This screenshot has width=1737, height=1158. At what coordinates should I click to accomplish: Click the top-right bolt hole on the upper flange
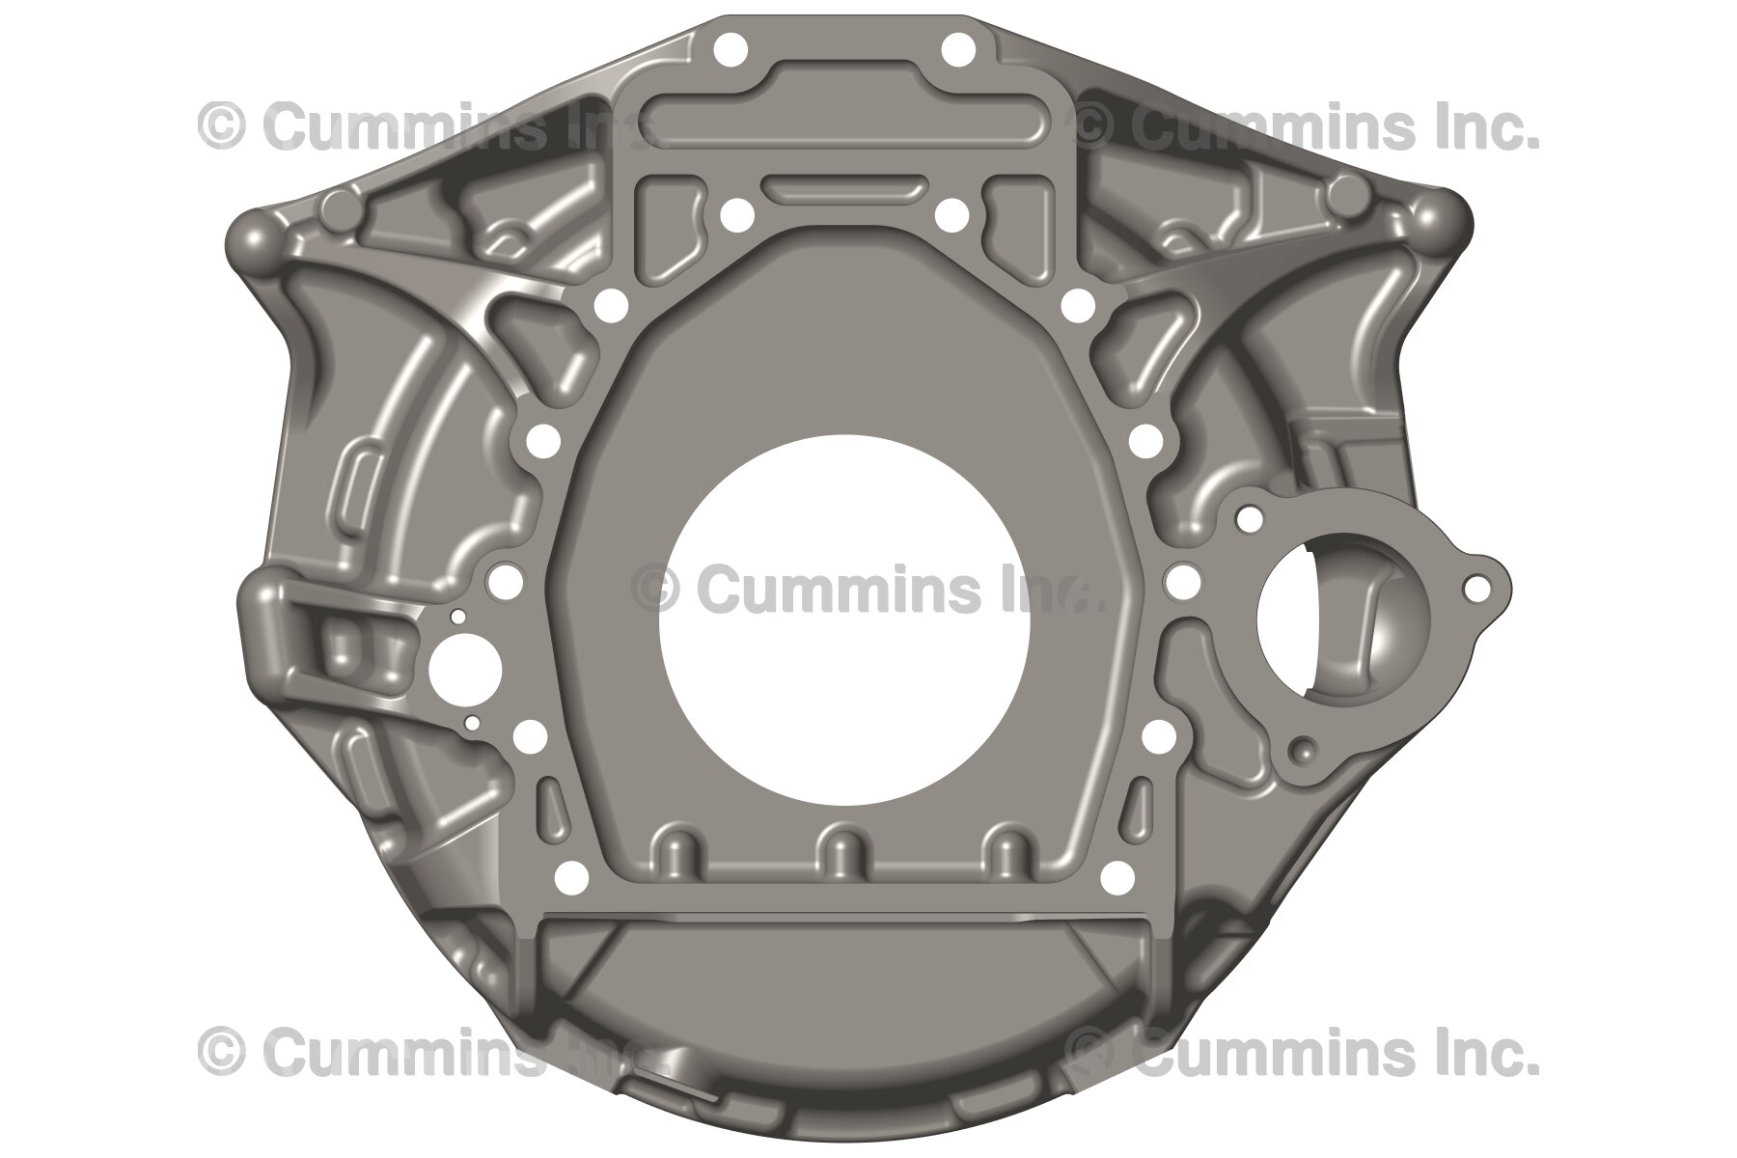point(957,48)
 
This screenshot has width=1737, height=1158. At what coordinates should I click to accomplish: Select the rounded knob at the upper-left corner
point(255,234)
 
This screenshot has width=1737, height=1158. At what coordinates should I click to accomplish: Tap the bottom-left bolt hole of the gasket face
point(572,877)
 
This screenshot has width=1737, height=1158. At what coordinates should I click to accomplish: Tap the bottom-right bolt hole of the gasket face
point(1117,877)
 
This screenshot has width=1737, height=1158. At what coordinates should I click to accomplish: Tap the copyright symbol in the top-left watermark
point(221,126)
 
